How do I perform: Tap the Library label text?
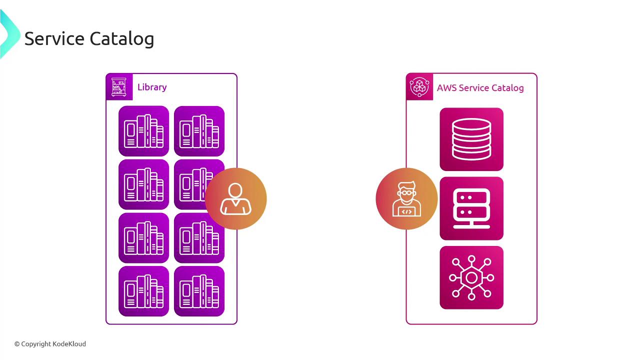point(152,87)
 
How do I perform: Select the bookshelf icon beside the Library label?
point(119,87)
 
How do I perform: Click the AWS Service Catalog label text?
point(480,88)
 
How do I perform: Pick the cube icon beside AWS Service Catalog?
point(419,87)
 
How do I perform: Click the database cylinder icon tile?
point(471,139)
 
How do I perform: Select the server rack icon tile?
point(471,208)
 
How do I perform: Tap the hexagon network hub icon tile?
point(471,277)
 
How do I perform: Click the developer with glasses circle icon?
point(406,198)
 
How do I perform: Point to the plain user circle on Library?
point(235,198)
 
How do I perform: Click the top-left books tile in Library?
point(144,131)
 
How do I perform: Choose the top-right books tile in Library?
point(199,131)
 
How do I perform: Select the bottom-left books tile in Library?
point(144,291)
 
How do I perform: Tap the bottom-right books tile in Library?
point(199,291)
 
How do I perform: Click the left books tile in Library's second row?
point(144,184)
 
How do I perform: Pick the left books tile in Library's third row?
point(144,238)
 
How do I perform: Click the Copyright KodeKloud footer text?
point(50,344)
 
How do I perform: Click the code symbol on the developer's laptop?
point(407,211)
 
